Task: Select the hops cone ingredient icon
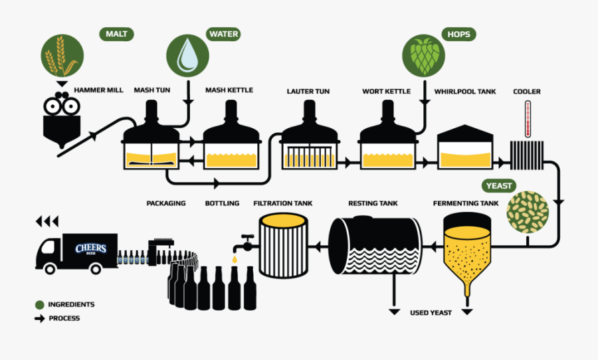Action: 423,54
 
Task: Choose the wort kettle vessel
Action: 387,141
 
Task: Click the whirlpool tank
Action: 465,147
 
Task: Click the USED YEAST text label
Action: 430,313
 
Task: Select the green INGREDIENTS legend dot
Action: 40,305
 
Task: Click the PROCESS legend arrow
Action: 39,319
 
